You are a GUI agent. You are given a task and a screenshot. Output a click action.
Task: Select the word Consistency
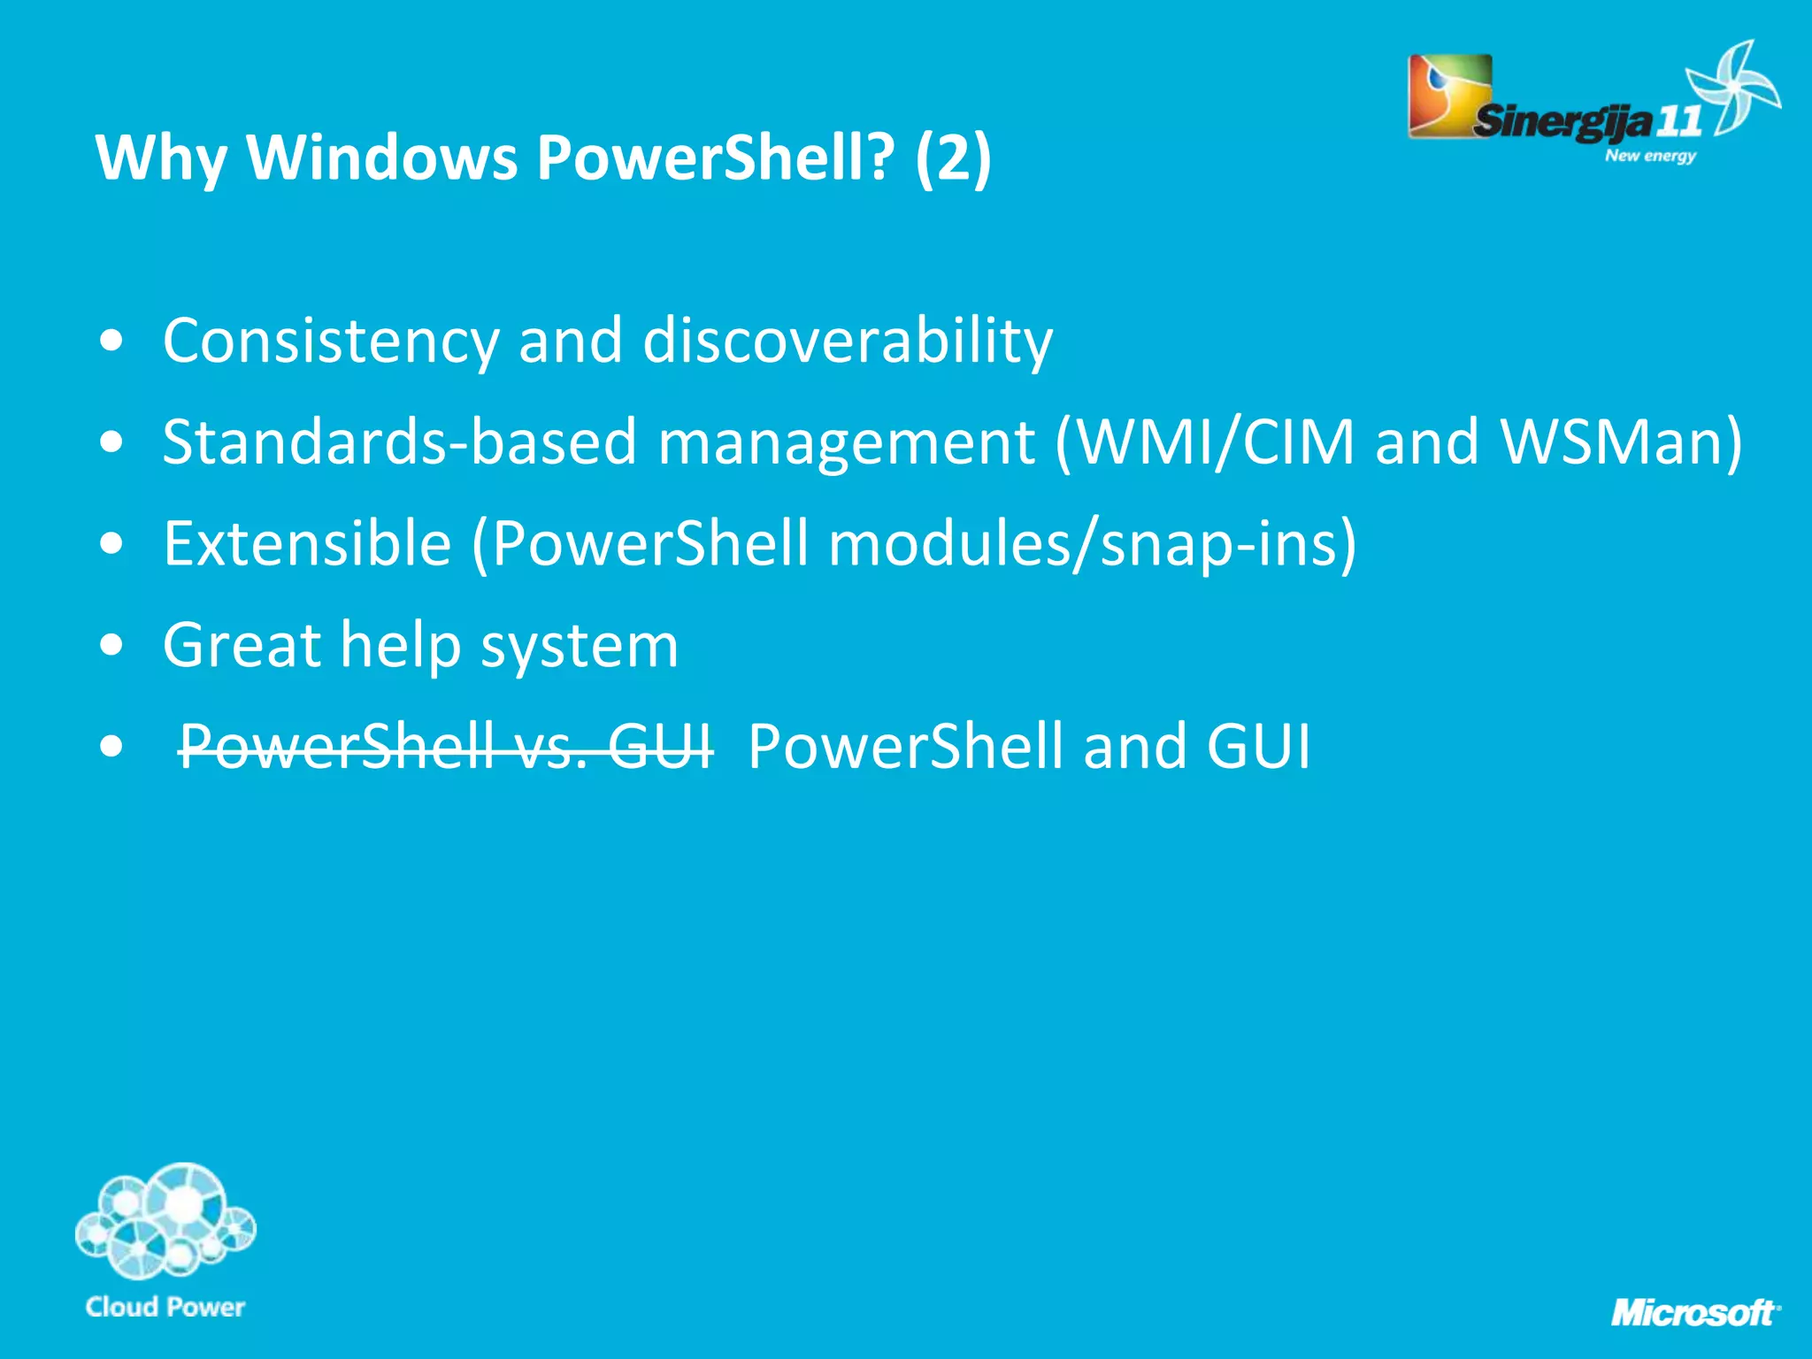coord(331,341)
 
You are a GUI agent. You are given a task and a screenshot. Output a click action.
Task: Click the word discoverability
coord(848,341)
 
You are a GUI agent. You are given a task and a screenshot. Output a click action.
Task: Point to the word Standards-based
coord(399,441)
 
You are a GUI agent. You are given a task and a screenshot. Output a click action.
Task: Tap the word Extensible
coord(307,543)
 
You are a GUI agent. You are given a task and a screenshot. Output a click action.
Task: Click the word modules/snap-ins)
coord(1092,543)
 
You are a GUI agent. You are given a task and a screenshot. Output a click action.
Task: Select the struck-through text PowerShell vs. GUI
coord(445,746)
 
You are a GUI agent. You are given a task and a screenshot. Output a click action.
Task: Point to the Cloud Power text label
coord(165,1307)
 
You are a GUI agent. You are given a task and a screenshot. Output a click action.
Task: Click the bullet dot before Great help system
coord(111,645)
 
